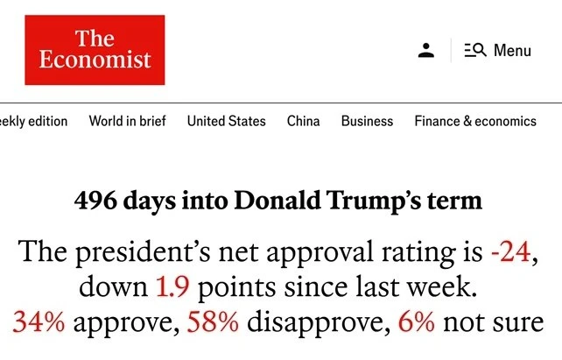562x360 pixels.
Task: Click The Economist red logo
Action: coord(95,50)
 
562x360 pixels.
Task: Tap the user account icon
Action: coord(425,50)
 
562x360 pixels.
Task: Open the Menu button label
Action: coord(512,50)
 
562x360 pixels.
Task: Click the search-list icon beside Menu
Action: coord(475,50)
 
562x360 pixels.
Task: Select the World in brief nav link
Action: coord(127,121)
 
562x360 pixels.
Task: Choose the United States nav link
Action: coord(226,121)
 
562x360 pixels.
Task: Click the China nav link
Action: coord(303,121)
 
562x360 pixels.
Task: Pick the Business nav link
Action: coord(367,121)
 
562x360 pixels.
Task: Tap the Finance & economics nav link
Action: coord(475,121)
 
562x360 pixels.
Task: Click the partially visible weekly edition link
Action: coord(33,121)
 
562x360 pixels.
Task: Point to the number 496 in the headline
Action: coord(95,200)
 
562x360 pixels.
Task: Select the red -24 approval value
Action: coord(510,251)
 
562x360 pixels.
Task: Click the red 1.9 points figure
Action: coord(172,286)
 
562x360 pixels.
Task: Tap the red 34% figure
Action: coord(39,321)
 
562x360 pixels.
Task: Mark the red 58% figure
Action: coord(213,321)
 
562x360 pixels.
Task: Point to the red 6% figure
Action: coord(417,321)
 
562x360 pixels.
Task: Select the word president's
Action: coord(143,253)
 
